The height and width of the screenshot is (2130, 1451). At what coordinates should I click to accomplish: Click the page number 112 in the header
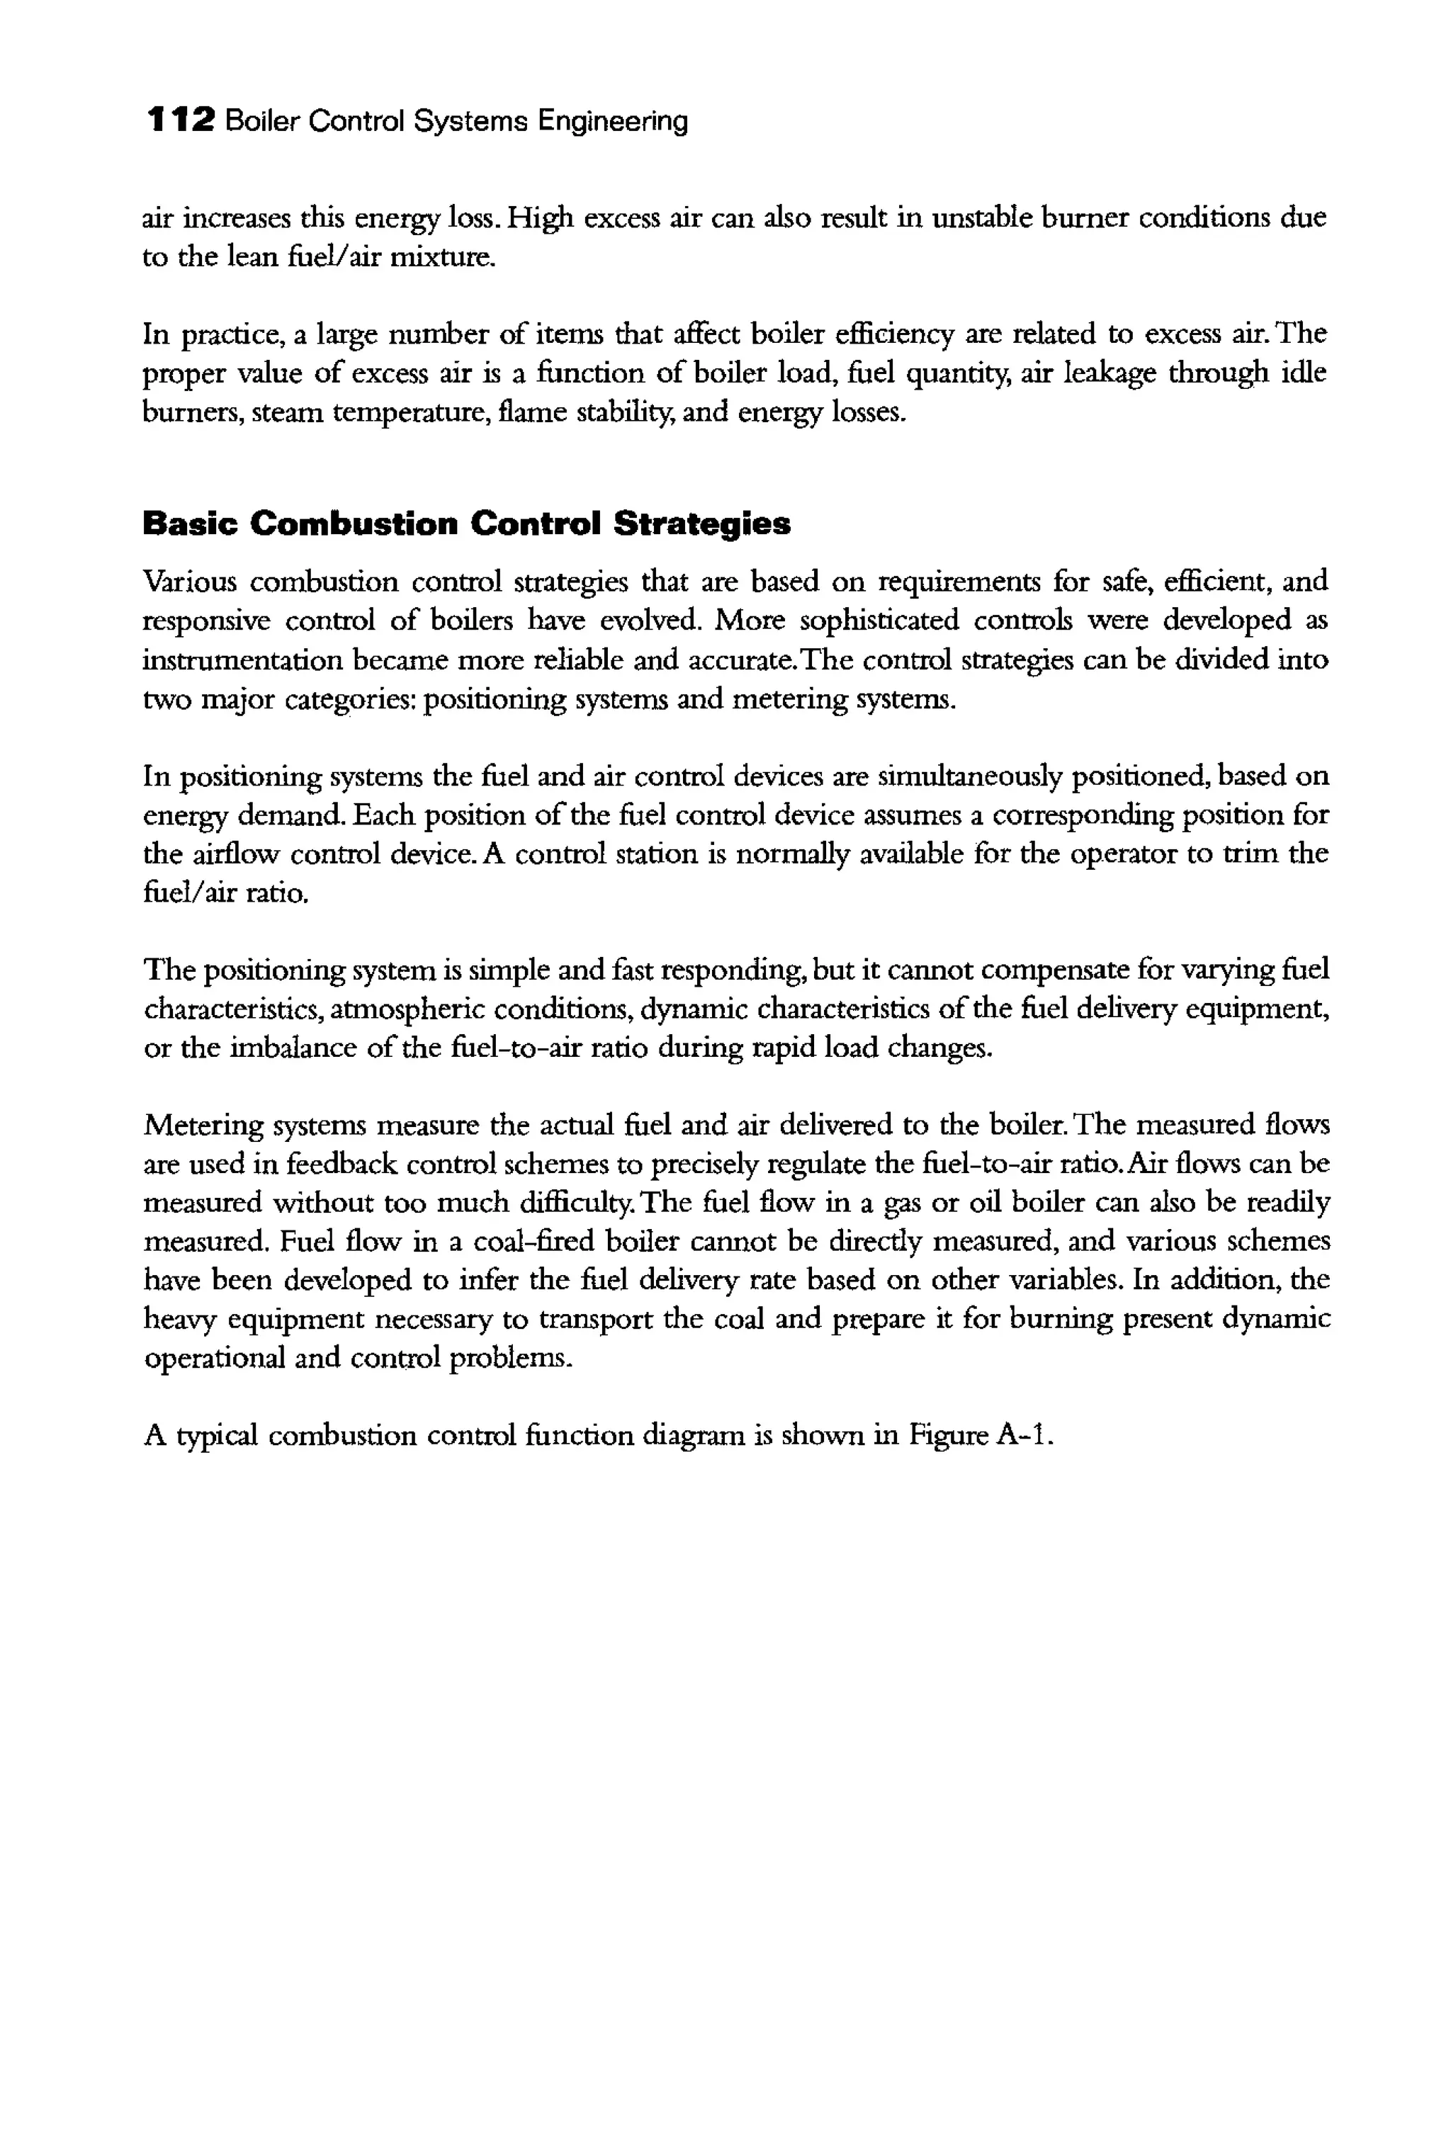[x=181, y=120]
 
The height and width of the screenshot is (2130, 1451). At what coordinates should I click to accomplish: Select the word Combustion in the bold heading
[x=353, y=524]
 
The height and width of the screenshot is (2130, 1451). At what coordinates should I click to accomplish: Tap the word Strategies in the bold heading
[x=701, y=524]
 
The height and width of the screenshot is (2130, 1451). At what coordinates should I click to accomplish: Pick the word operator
[x=1123, y=854]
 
